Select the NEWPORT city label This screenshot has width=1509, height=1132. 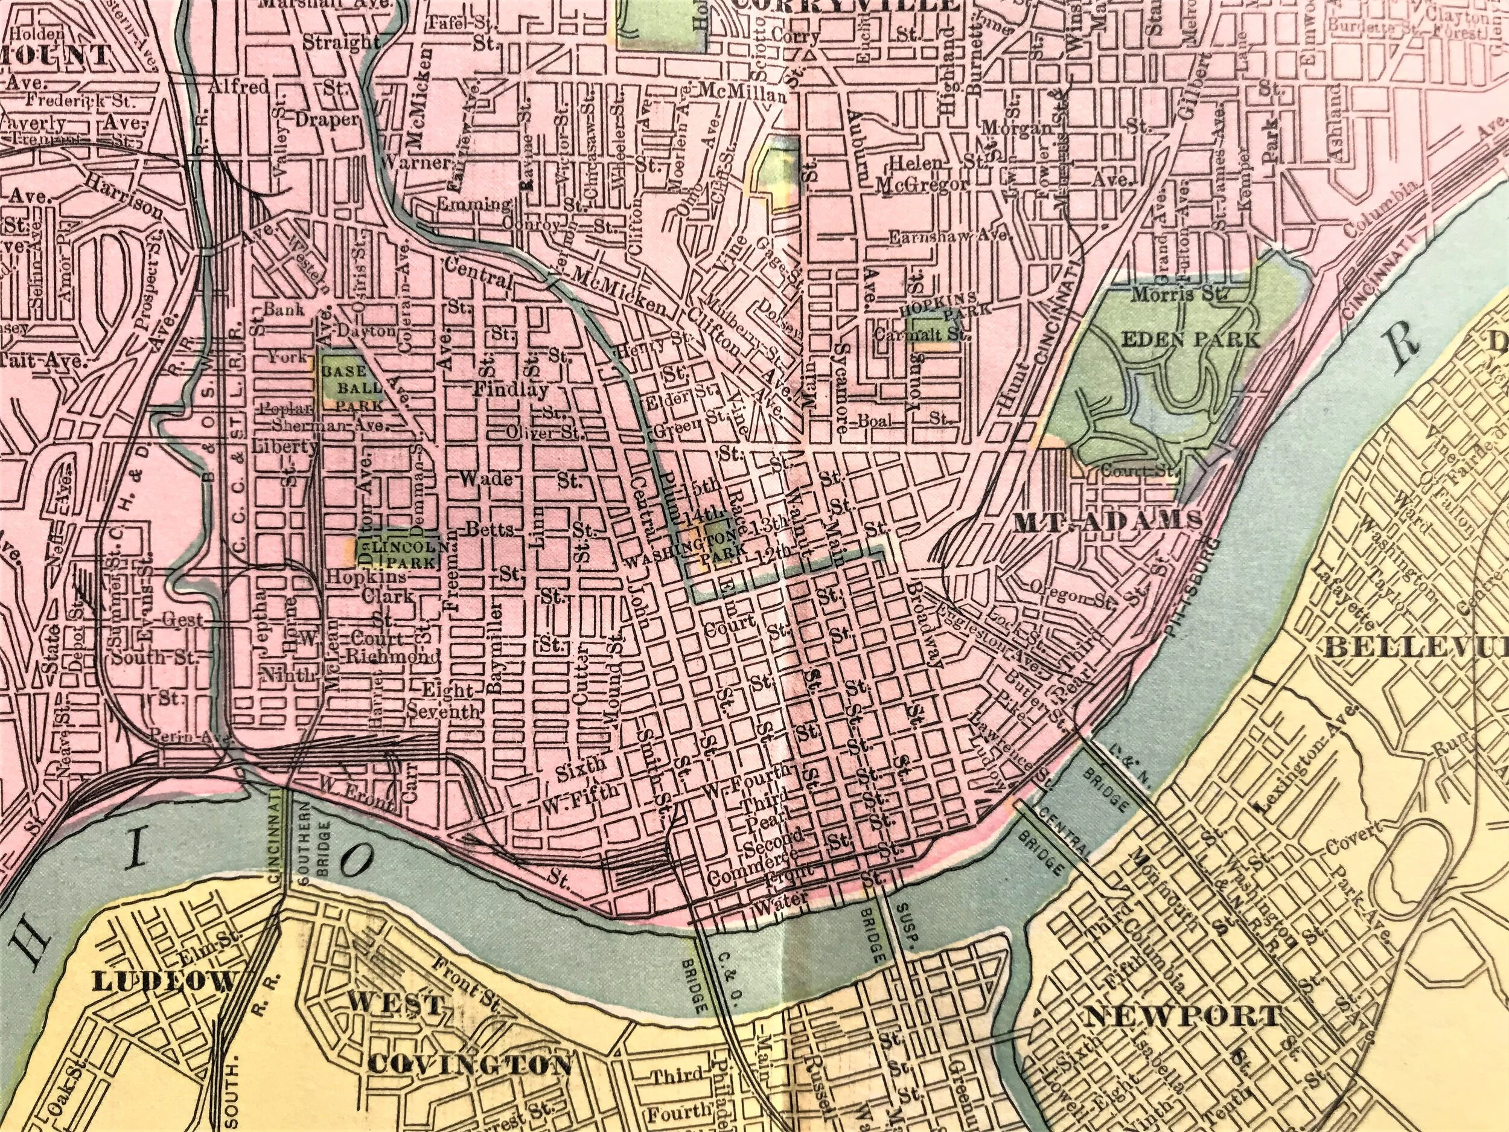(1183, 1017)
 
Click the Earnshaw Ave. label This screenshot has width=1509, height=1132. (948, 236)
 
